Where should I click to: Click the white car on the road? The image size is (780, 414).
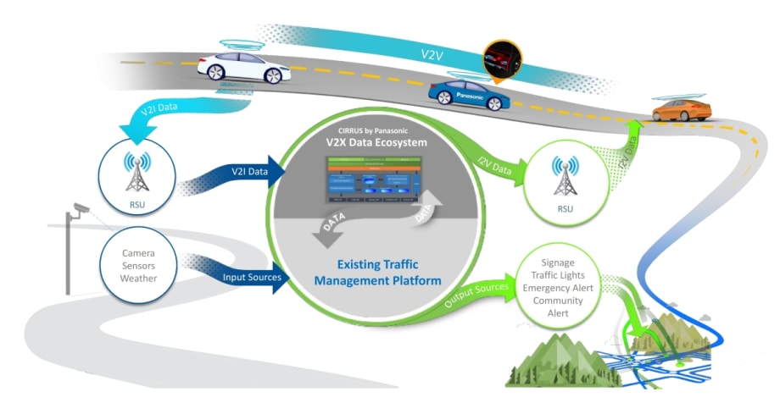pos(240,68)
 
